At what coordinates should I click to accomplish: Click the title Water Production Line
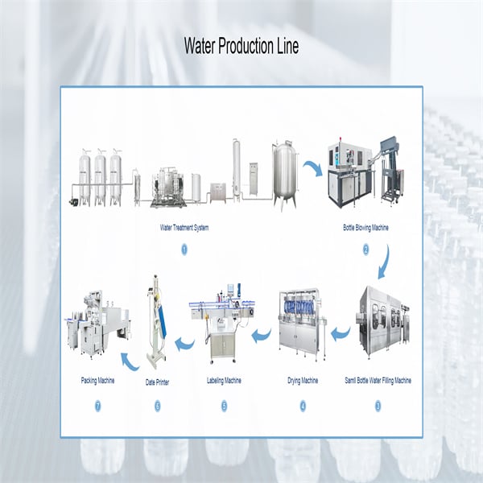tap(242, 46)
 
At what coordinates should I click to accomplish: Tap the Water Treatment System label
tap(184, 228)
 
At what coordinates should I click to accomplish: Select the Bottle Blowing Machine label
tap(365, 228)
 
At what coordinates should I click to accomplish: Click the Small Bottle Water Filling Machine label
tap(378, 381)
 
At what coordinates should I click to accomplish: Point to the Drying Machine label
tap(303, 381)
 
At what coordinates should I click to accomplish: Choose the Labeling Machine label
tap(224, 381)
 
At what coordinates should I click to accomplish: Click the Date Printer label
tap(157, 382)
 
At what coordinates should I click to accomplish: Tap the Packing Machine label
tap(97, 381)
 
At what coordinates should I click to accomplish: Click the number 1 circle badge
tap(184, 250)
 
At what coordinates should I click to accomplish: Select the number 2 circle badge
tap(366, 250)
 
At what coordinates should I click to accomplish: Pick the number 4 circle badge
tap(303, 406)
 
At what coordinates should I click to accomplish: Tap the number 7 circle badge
tap(97, 406)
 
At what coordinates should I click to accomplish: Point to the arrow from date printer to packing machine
tap(129, 363)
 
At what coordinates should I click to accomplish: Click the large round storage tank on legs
tap(286, 175)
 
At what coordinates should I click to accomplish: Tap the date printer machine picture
tap(157, 322)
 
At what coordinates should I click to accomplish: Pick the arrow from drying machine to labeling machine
tap(262, 335)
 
